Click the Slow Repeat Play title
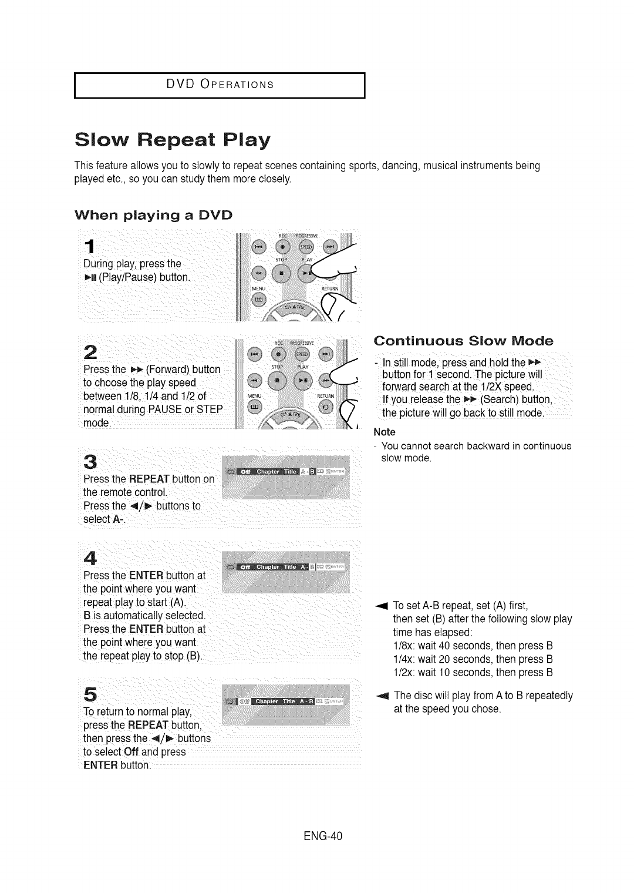173,140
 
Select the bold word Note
385,432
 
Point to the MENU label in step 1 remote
259,288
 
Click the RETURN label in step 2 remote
325,396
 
